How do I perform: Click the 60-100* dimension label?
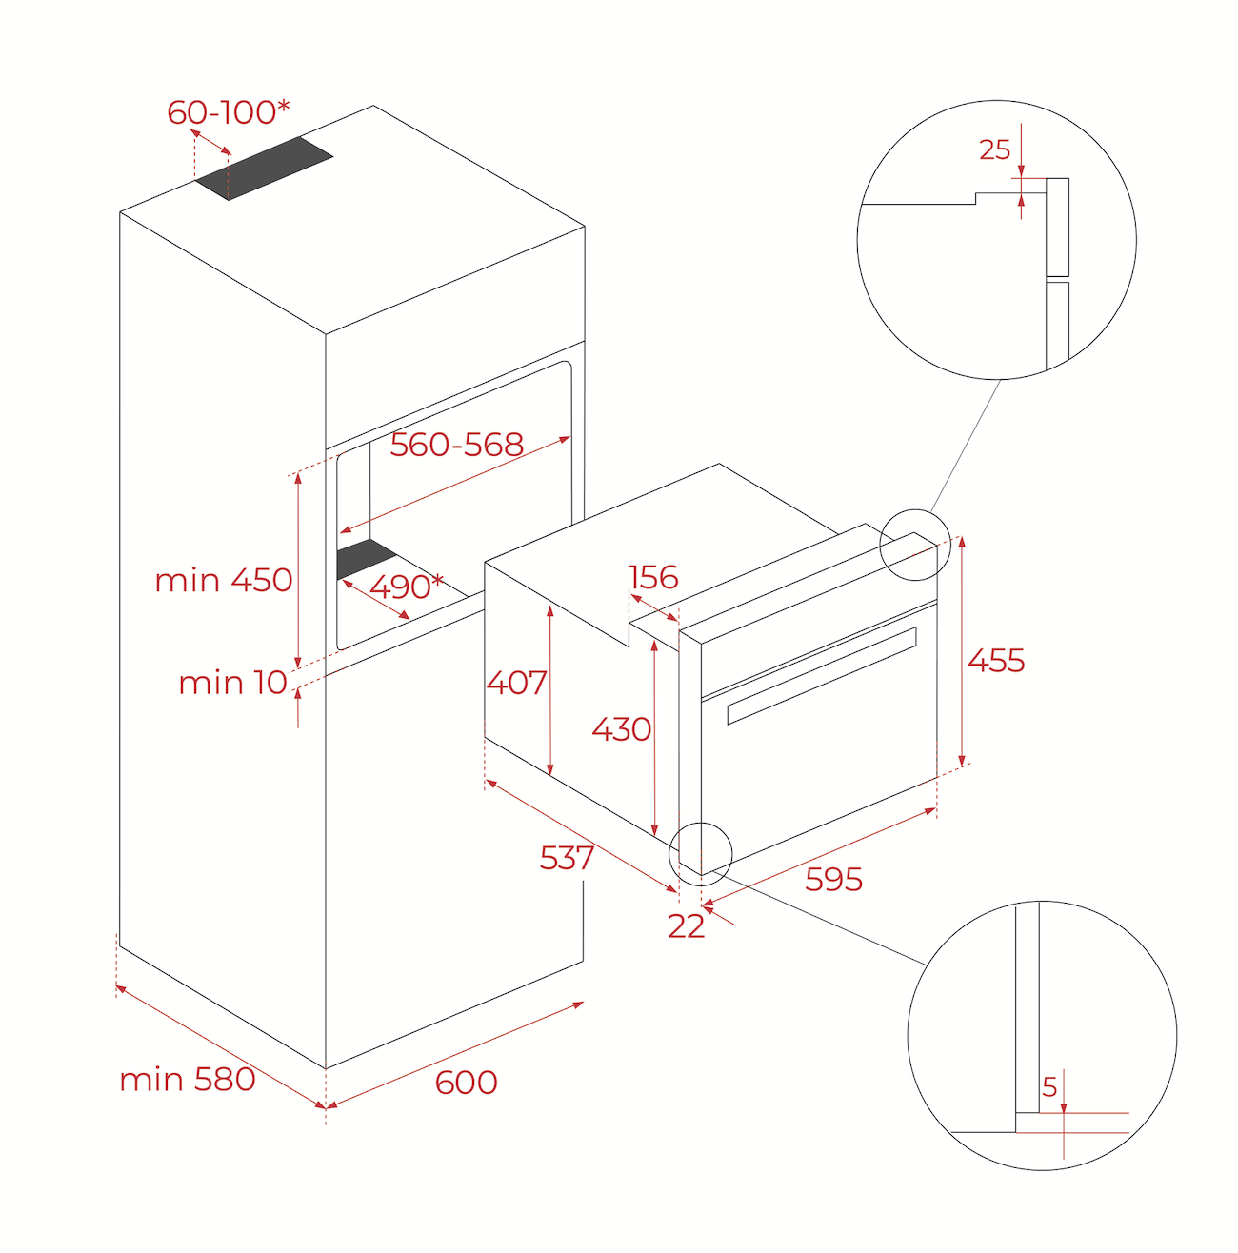click(x=228, y=112)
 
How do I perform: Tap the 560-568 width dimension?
click(x=457, y=445)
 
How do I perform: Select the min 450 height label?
click(x=224, y=580)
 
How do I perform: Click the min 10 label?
click(x=232, y=683)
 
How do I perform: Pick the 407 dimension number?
click(x=516, y=683)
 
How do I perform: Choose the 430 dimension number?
click(x=622, y=729)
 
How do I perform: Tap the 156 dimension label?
click(x=653, y=577)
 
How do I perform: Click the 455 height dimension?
click(x=996, y=661)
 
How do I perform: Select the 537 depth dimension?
click(x=567, y=858)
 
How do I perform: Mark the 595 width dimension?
click(x=833, y=879)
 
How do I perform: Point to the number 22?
click(x=686, y=926)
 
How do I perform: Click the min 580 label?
click(x=188, y=1080)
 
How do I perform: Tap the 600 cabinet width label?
click(x=466, y=1083)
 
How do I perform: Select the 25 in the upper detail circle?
click(x=994, y=150)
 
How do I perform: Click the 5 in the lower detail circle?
click(x=1049, y=1087)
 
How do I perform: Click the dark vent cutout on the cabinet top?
click(x=265, y=169)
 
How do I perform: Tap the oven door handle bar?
click(x=821, y=675)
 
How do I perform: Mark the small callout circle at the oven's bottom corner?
click(x=701, y=853)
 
